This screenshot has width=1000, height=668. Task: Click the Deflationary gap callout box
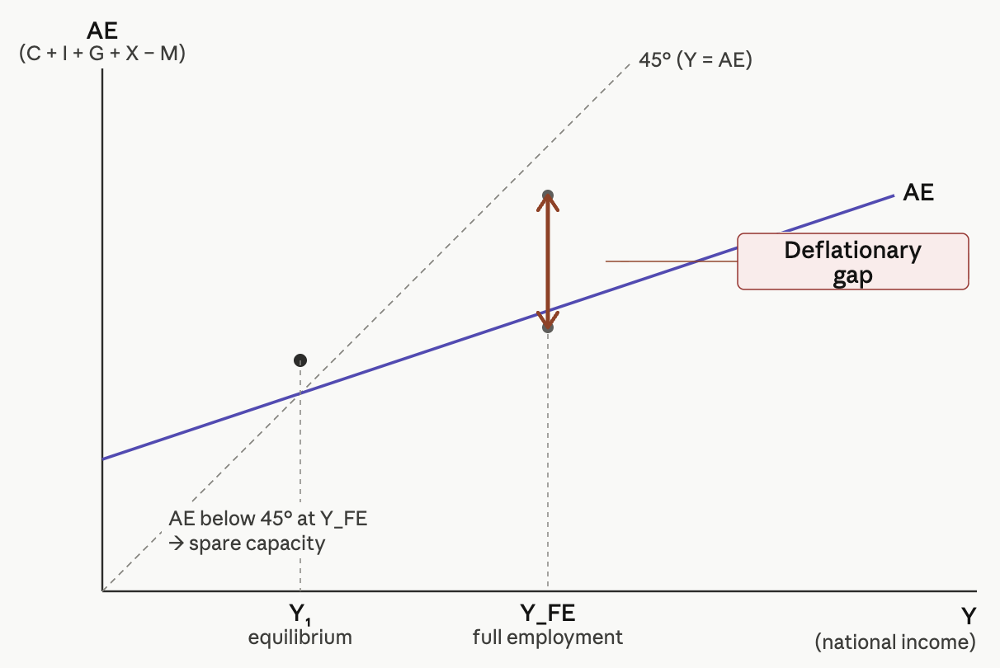tap(852, 261)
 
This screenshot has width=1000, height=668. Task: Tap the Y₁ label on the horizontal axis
tap(300, 614)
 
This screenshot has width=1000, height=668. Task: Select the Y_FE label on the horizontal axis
tap(547, 614)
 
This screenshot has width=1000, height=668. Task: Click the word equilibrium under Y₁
tap(300, 637)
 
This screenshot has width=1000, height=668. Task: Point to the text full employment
tap(547, 637)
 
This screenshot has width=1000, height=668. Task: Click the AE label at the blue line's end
tap(918, 193)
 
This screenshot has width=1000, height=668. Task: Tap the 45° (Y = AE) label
tap(695, 60)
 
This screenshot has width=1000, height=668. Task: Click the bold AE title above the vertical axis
tap(102, 32)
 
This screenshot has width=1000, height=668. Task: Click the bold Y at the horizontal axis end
tap(968, 616)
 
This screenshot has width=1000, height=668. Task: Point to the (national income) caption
tap(895, 642)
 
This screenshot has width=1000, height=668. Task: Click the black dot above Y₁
tap(300, 360)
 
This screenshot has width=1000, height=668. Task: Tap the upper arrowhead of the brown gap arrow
tap(547, 198)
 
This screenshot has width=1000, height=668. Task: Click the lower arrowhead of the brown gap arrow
tap(547, 324)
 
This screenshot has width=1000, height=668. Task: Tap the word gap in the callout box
tap(852, 276)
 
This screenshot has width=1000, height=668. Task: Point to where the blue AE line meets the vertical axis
tap(102, 458)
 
